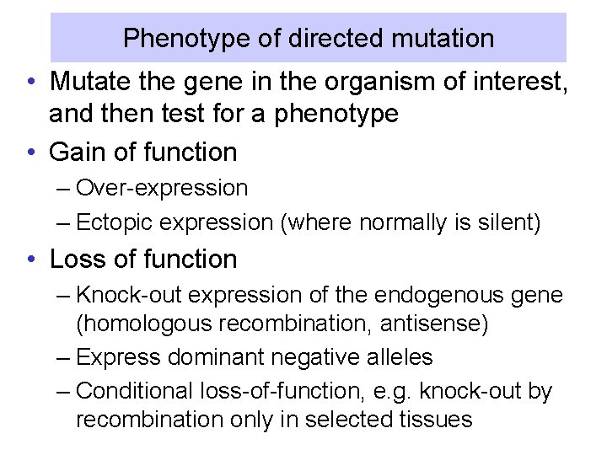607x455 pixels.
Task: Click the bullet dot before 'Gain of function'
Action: point(30,153)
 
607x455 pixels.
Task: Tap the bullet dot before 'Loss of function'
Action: point(30,260)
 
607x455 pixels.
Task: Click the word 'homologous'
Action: point(139,324)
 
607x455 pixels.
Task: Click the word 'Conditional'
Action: point(134,391)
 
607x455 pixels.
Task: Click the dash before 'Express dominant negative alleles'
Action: point(64,357)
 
